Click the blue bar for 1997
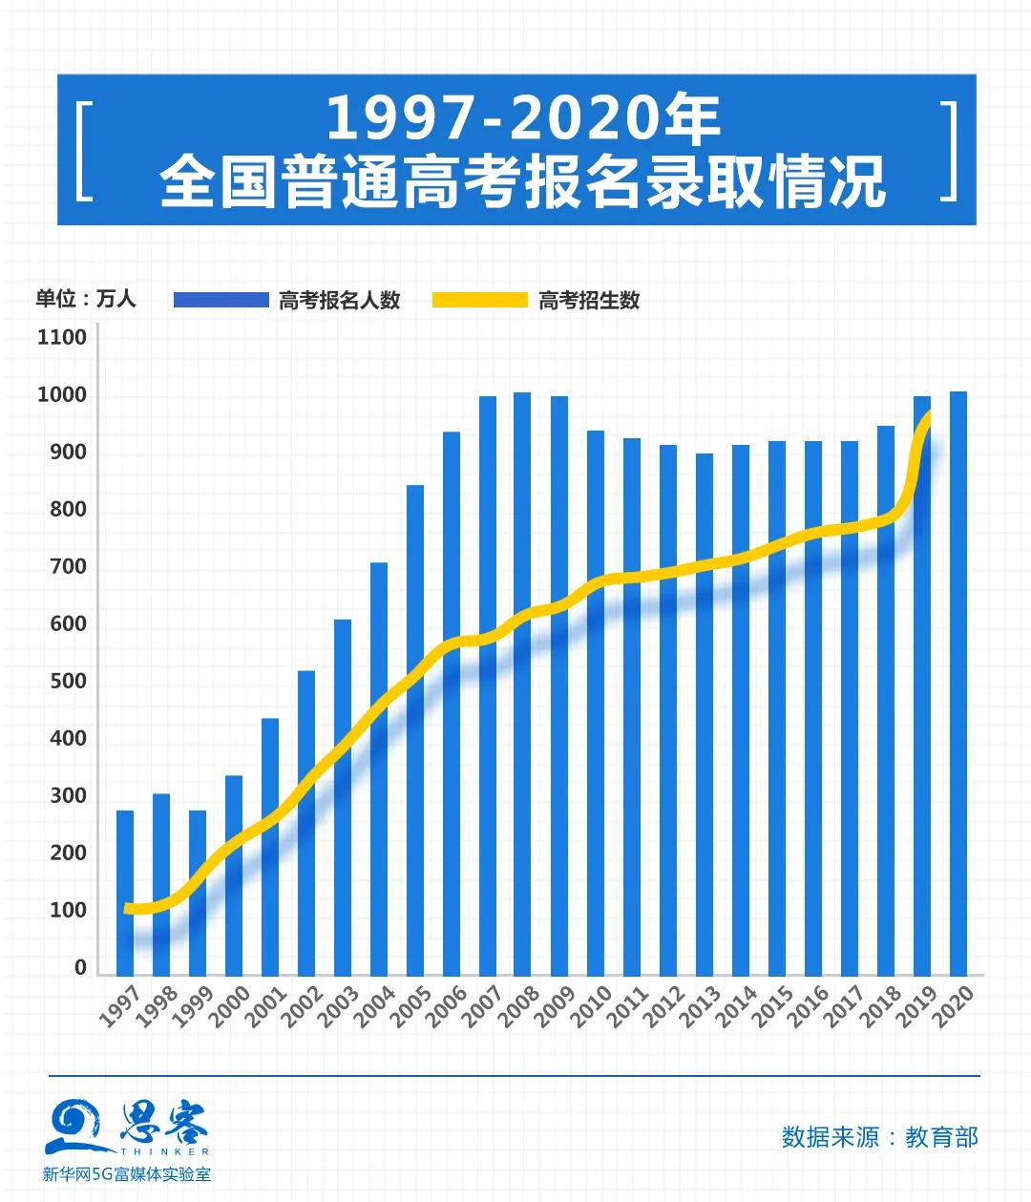pyautogui.click(x=125, y=893)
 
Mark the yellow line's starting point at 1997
pyautogui.click(x=128, y=908)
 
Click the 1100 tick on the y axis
pyautogui.click(x=62, y=337)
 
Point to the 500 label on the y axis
pyautogui.click(x=68, y=682)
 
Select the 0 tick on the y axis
pyautogui.click(x=80, y=967)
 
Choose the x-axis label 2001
pyautogui.click(x=265, y=1006)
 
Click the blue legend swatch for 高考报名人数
pyautogui.click(x=221, y=300)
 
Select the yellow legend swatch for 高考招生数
pyautogui.click(x=479, y=300)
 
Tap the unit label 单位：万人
pyautogui.click(x=86, y=299)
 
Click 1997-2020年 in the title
pyautogui.click(x=524, y=119)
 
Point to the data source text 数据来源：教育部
pyautogui.click(x=879, y=1137)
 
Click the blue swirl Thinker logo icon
pyautogui.click(x=76, y=1126)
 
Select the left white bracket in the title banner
pyautogui.click(x=83, y=150)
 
